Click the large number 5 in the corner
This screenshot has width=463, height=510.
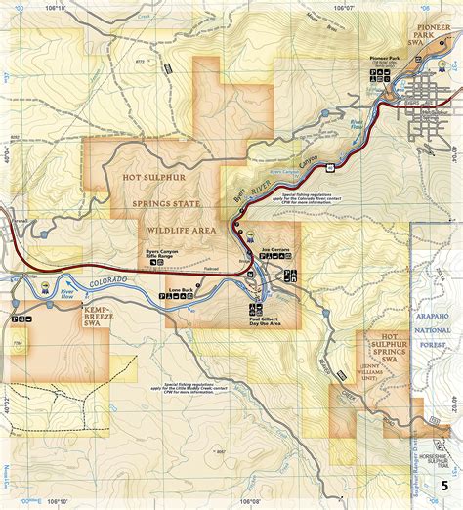tap(445, 486)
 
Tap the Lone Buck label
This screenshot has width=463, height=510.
tap(183, 290)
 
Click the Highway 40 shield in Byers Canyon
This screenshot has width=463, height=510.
tap(332, 167)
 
